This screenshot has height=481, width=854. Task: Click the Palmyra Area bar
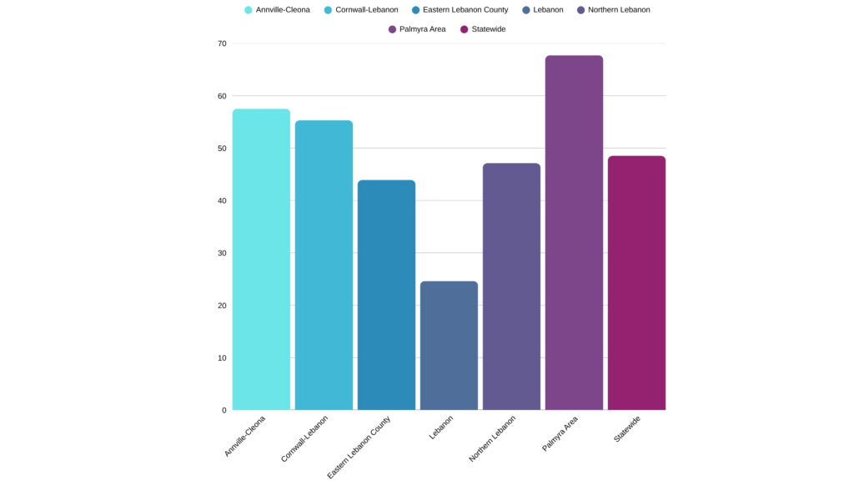[574, 233]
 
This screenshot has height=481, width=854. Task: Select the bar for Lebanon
[449, 346]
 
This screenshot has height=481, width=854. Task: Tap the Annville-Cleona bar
[261, 260]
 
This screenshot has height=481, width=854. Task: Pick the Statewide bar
[636, 283]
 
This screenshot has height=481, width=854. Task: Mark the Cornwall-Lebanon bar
[324, 266]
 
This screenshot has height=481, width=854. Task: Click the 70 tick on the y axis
[222, 43]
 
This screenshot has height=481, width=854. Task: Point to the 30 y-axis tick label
[222, 253]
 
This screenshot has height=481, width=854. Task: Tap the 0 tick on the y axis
[224, 410]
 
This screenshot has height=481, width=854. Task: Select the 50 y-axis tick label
[222, 149]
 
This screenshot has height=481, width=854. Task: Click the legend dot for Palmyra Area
[392, 29]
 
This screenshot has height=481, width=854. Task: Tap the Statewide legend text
[489, 29]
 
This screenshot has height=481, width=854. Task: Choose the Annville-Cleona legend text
[283, 10]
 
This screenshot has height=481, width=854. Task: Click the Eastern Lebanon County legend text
[465, 10]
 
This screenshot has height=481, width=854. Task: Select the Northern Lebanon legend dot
[580, 10]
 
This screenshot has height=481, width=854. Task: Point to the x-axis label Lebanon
[441, 428]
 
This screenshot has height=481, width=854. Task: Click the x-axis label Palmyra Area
[560, 433]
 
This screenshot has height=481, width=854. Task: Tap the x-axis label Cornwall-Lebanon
[305, 438]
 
